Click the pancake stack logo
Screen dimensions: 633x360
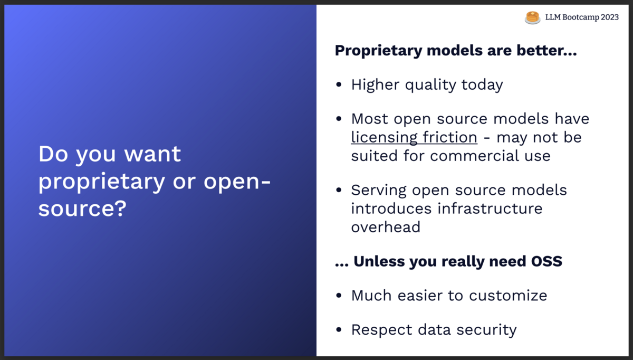click(x=532, y=17)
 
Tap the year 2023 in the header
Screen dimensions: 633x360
click(x=610, y=17)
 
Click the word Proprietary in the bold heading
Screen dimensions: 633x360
click(x=378, y=51)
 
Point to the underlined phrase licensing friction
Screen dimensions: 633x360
click(x=414, y=138)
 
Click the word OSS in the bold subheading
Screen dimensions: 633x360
click(x=546, y=261)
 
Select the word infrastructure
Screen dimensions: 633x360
click(x=490, y=209)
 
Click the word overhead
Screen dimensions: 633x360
click(x=386, y=227)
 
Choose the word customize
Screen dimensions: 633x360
click(x=508, y=296)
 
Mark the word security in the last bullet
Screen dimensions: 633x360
click(x=486, y=330)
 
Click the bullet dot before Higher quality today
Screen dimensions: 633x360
click(x=339, y=84)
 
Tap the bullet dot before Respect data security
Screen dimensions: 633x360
click(x=339, y=329)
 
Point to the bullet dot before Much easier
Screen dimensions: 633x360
click(x=339, y=296)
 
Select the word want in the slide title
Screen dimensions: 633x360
click(x=152, y=154)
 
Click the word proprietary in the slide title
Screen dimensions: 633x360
click(x=102, y=182)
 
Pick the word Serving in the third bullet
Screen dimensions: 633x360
click(x=379, y=191)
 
